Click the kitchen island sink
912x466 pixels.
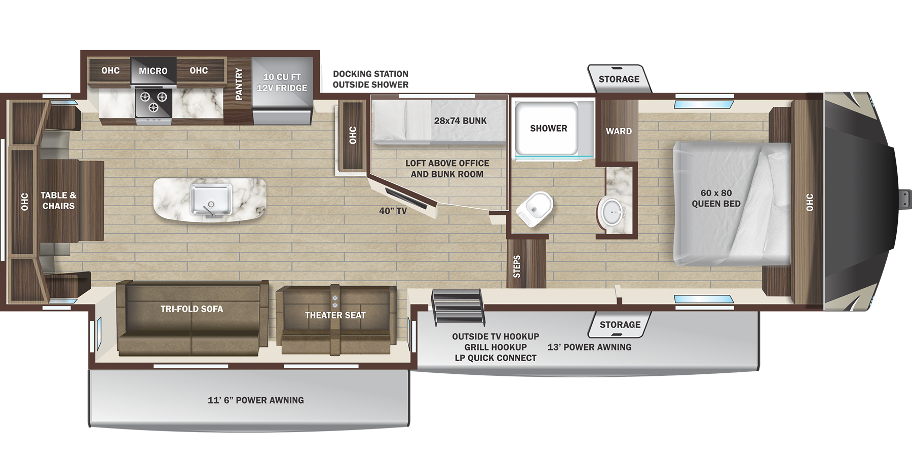click(x=211, y=199)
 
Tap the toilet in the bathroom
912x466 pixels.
click(x=535, y=208)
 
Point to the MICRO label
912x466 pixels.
click(x=153, y=71)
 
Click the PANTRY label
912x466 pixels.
click(x=239, y=84)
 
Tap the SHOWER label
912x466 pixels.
click(x=548, y=129)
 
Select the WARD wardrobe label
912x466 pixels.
click(x=619, y=131)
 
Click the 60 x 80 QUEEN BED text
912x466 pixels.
click(x=716, y=198)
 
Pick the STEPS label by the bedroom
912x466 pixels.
click(x=517, y=266)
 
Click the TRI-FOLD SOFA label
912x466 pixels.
click(x=192, y=309)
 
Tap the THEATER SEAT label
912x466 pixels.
click(x=335, y=315)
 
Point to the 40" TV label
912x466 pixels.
click(x=393, y=211)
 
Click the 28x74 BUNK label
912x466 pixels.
click(x=460, y=121)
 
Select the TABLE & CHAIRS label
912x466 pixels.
click(x=58, y=201)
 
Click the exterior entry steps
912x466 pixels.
click(x=458, y=306)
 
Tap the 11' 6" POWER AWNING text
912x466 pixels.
click(x=255, y=400)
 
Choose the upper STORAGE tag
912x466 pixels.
click(x=619, y=79)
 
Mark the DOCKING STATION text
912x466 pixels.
click(x=370, y=74)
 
